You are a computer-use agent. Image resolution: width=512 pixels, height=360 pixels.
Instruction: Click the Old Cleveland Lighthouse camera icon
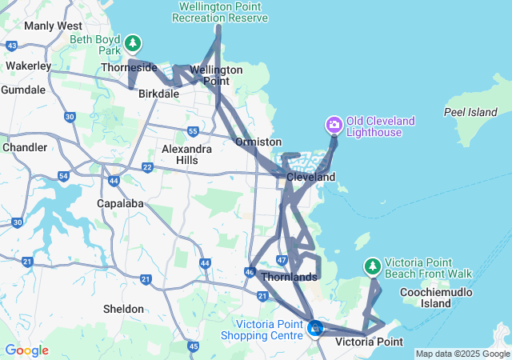pos(334,125)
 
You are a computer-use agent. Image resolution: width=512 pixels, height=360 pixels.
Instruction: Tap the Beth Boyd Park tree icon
pos(133,42)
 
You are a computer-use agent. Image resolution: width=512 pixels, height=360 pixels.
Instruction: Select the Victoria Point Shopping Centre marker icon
pos(315,327)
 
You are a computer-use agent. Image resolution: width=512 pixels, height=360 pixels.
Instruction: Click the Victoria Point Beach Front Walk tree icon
pos(372,266)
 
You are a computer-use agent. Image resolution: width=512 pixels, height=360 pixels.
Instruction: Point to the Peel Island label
pos(470,113)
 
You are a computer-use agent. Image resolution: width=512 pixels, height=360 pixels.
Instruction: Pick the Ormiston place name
pos(258,142)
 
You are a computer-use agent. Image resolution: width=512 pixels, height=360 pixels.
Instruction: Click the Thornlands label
pos(289,277)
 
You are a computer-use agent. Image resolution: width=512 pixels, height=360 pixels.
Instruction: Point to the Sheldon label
pos(124,308)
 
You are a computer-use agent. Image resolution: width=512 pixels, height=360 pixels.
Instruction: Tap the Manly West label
pos(48,26)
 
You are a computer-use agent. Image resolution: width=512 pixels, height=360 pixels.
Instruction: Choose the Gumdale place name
pos(23,90)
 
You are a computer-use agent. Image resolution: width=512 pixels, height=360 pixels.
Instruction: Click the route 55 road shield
pos(193,130)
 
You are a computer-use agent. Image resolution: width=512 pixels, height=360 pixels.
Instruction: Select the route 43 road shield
pos(12,45)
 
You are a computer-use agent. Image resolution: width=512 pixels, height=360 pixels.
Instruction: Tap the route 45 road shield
pos(194,346)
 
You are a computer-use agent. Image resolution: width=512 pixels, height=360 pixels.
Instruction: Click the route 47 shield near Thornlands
pos(282,260)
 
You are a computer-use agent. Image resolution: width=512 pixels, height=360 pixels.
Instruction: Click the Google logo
pos(26,350)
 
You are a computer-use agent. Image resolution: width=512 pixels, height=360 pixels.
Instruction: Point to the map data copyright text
pos(462,354)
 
